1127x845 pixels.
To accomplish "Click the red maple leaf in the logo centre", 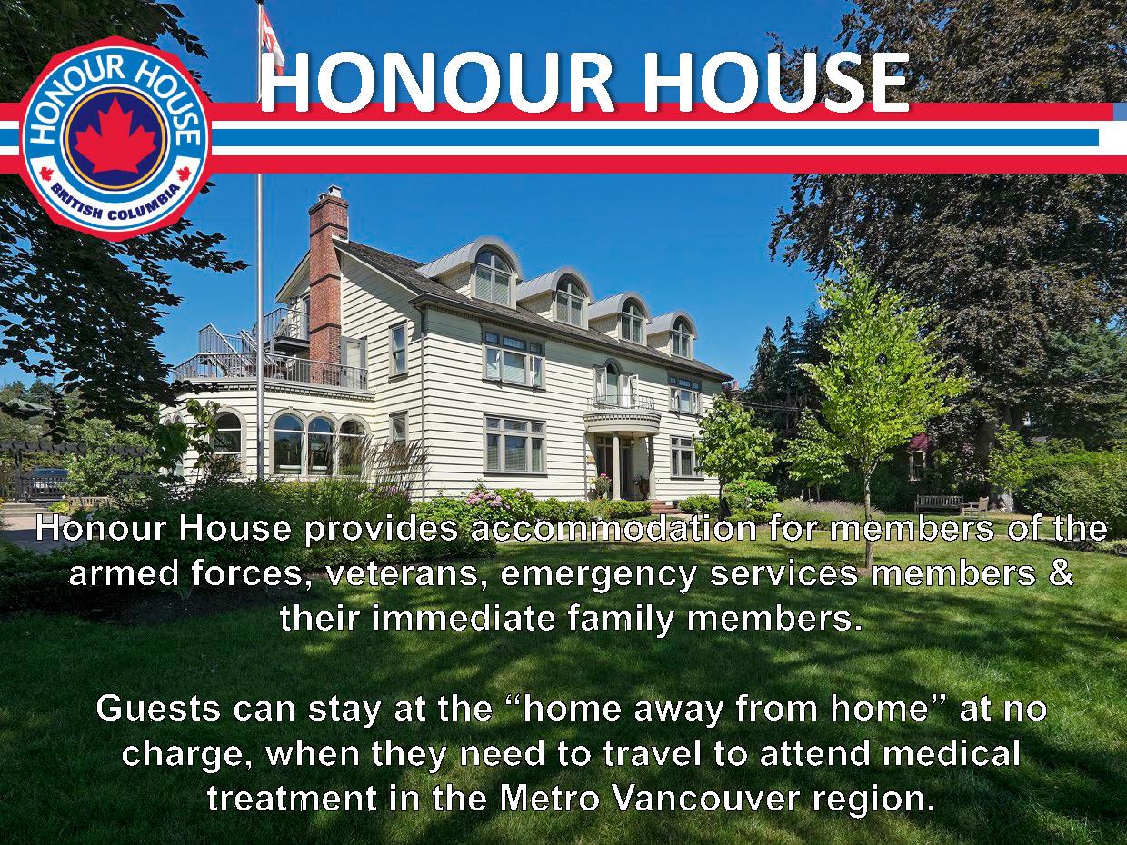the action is [115, 136].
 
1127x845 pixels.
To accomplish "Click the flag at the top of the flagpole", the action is [272, 38].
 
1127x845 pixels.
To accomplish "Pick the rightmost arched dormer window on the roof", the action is [681, 337].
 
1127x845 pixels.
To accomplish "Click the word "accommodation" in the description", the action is [613, 530].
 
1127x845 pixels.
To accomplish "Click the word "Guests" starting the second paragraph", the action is [160, 709].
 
